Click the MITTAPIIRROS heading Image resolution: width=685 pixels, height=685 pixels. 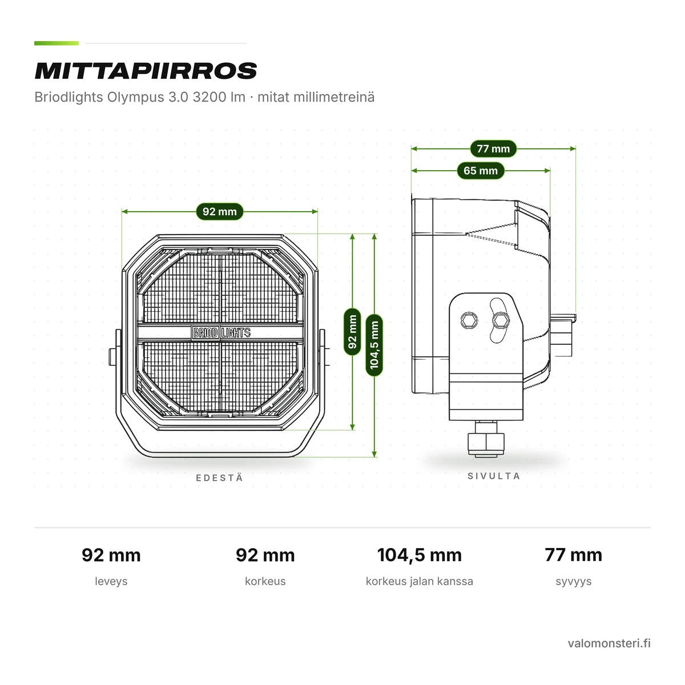(146, 71)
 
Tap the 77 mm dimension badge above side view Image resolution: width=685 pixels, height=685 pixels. (493, 148)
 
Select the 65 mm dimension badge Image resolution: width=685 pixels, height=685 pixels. (480, 171)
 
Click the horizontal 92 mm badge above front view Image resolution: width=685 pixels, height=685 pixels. (219, 212)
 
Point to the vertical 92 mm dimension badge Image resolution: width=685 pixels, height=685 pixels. (352, 332)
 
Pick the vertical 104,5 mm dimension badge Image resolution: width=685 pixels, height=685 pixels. (374, 345)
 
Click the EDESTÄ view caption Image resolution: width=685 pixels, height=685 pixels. (220, 478)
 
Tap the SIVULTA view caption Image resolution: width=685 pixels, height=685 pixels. (494, 476)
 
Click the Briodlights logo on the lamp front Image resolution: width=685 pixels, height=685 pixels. (221, 333)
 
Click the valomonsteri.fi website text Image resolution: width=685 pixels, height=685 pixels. (609, 643)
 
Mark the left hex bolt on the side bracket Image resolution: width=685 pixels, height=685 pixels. (469, 320)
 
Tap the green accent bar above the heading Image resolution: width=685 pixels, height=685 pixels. (57, 43)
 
